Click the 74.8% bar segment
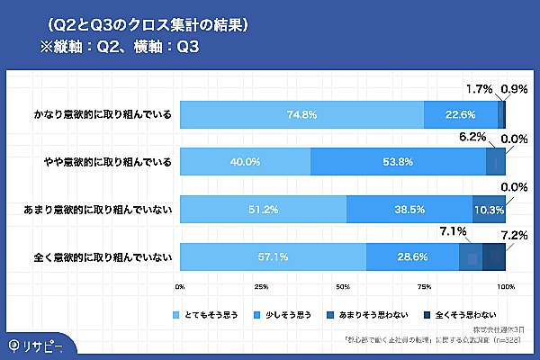(x=301, y=114)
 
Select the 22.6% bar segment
(x=461, y=114)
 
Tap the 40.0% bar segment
(x=245, y=162)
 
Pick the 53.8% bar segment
(x=398, y=162)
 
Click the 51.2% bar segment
(x=263, y=209)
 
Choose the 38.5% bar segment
(x=409, y=209)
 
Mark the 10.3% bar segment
(x=489, y=209)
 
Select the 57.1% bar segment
(x=273, y=256)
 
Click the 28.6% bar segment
(x=412, y=256)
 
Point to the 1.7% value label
(x=480, y=90)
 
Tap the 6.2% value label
(x=472, y=138)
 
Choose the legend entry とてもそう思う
(x=212, y=316)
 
